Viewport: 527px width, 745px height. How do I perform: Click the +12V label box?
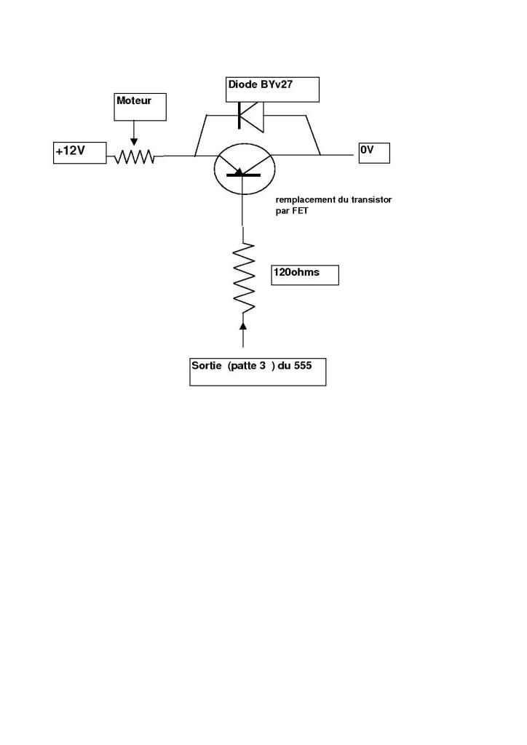point(79,153)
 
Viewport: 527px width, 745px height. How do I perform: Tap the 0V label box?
point(373,152)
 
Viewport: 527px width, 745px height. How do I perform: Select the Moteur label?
point(141,105)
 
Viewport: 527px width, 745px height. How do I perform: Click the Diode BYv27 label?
point(273,89)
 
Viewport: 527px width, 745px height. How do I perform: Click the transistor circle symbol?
point(245,169)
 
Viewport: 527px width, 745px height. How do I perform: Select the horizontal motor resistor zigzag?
point(134,156)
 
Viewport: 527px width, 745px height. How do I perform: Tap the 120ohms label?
point(304,274)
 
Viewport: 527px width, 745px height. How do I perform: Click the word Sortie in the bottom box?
point(207,365)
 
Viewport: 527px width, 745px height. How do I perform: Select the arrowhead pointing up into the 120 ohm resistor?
point(243,324)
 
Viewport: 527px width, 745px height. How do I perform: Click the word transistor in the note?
point(373,199)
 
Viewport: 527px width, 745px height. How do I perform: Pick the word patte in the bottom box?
point(244,365)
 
